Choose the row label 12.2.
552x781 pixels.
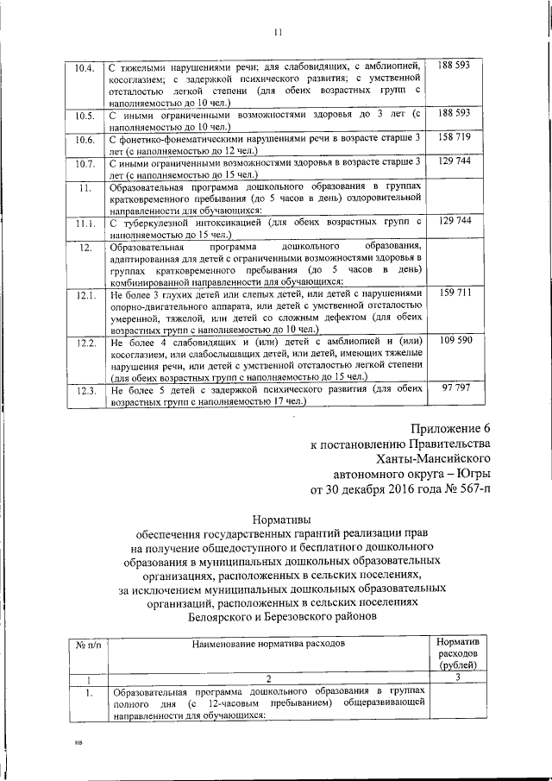pos(85,343)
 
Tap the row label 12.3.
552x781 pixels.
pos(85,391)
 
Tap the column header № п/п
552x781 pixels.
pos(84,644)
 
